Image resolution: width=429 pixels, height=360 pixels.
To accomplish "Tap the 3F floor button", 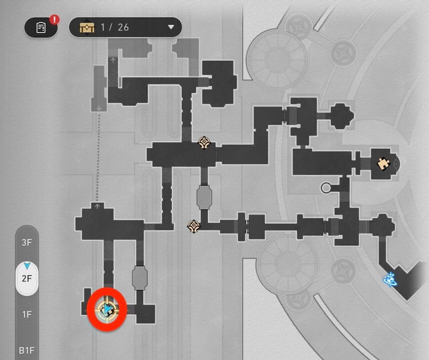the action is click(x=27, y=242).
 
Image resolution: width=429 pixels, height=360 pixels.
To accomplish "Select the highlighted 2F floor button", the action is click(x=27, y=278).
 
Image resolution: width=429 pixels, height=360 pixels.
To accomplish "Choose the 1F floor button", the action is click(x=27, y=315).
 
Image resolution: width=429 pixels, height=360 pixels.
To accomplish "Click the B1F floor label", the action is click(x=27, y=350).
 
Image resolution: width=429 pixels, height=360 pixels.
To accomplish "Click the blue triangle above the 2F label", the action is click(x=27, y=265).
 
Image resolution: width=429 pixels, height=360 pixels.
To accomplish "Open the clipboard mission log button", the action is click(x=41, y=28).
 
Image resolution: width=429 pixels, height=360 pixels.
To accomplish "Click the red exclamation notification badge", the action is click(x=54, y=21).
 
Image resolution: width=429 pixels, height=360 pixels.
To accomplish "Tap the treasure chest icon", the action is click(x=87, y=27).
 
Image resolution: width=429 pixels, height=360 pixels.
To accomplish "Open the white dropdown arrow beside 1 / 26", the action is click(x=171, y=27).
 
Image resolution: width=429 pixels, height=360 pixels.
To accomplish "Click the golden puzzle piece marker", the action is click(x=383, y=164).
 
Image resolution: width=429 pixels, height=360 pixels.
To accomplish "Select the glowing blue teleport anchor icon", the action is click(x=391, y=278).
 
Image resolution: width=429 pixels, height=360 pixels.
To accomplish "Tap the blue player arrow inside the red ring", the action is click(x=107, y=309).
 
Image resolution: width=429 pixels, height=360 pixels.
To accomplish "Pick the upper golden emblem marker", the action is click(x=204, y=142).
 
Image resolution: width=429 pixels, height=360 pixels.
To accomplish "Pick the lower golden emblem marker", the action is click(x=194, y=226).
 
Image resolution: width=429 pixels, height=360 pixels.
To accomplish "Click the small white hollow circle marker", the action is click(x=326, y=187).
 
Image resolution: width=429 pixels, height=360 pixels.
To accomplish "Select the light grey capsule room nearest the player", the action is click(x=140, y=278).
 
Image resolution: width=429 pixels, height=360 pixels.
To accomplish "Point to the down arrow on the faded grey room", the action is click(x=100, y=108).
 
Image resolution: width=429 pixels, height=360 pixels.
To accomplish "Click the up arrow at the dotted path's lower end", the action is click(x=97, y=205).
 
